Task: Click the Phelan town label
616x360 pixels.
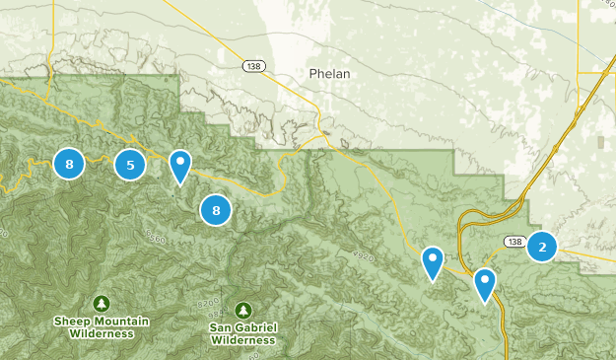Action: (x=328, y=74)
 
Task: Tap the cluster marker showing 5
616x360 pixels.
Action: (x=130, y=165)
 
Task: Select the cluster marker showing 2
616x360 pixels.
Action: (x=541, y=246)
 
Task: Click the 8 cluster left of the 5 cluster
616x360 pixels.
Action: (x=68, y=164)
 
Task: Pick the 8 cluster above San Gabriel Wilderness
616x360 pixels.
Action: (x=215, y=209)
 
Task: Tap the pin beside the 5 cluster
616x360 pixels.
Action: (x=179, y=167)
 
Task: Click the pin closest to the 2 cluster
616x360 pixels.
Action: (x=484, y=284)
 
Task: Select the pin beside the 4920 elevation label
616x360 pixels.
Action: (x=432, y=263)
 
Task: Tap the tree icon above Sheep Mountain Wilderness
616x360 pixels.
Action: (x=101, y=303)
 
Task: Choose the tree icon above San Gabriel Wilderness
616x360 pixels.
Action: (x=242, y=309)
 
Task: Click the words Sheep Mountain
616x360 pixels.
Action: (x=102, y=321)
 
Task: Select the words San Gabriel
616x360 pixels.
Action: (x=242, y=326)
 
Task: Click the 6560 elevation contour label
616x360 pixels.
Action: (x=154, y=238)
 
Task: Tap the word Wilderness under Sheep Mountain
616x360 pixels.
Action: (x=102, y=333)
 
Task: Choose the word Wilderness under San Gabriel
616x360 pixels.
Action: (x=242, y=339)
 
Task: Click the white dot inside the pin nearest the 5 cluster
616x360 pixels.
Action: (x=179, y=160)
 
